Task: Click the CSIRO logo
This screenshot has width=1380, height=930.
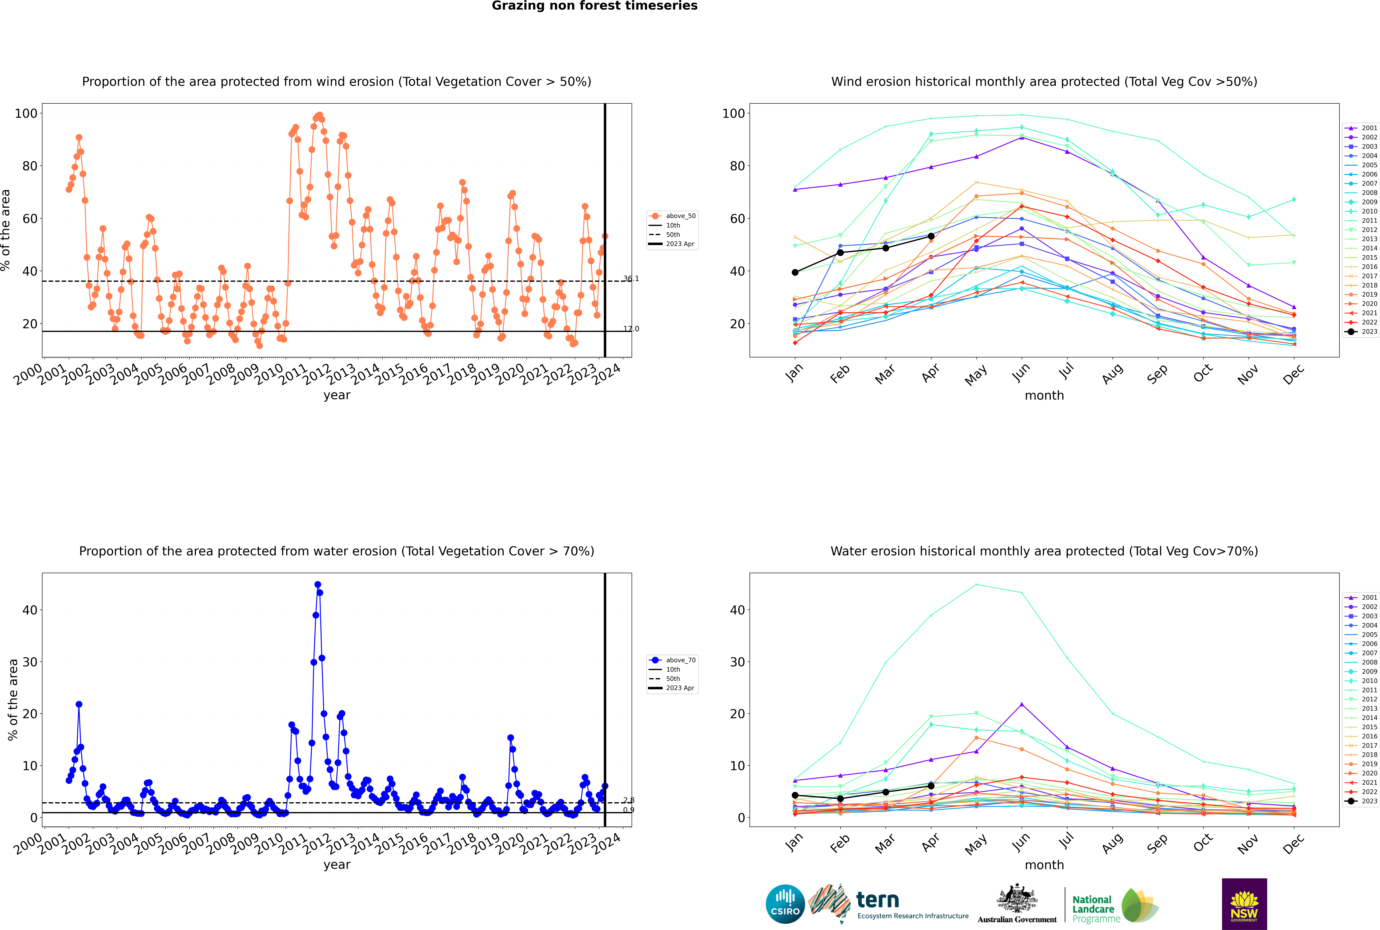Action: pyautogui.click(x=785, y=904)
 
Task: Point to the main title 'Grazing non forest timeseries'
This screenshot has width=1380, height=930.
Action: pyautogui.click(x=595, y=6)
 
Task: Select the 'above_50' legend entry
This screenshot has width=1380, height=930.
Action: pyautogui.click(x=673, y=216)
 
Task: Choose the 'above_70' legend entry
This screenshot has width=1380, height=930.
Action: pyautogui.click(x=673, y=660)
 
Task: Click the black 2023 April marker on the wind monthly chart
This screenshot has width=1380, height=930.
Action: pyautogui.click(x=931, y=236)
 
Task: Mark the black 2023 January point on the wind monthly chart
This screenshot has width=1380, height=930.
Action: pyautogui.click(x=795, y=272)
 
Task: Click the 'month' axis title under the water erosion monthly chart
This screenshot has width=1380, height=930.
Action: pyautogui.click(x=1044, y=865)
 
